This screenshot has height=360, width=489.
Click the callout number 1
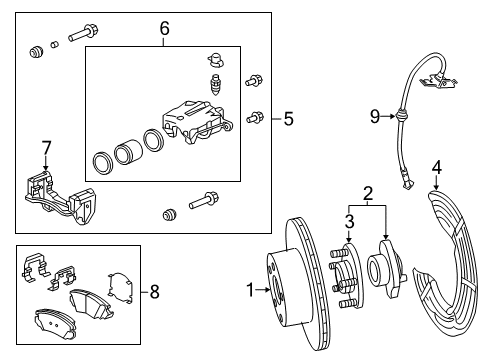coord(250,292)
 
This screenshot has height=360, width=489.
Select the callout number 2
coord(368,193)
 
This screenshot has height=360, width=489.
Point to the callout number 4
coord(436,167)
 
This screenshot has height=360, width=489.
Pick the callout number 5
coord(288,120)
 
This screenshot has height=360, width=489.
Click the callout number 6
coord(165,30)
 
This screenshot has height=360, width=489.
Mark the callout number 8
coord(153,292)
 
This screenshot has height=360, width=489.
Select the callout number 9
coord(375,117)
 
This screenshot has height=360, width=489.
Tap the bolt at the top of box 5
coord(81,38)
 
